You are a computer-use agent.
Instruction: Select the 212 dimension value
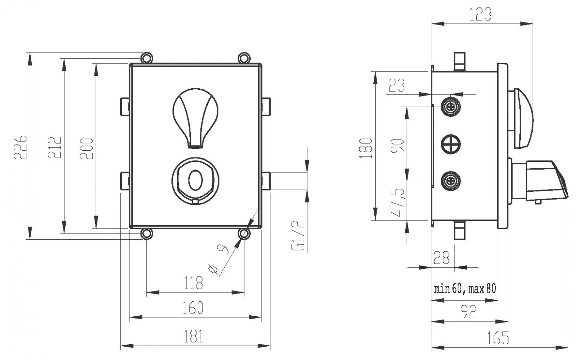pyautogui.click(x=54, y=147)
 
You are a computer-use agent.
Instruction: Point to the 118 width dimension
pyautogui.click(x=193, y=283)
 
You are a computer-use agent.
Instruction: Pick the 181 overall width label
pyautogui.click(x=194, y=337)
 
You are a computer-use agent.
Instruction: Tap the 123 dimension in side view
pyautogui.click(x=481, y=14)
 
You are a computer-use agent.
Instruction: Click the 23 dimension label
pyautogui.click(x=397, y=86)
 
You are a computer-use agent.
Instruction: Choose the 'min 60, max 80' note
pyautogui.click(x=465, y=289)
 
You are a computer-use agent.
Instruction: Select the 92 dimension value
pyautogui.click(x=469, y=312)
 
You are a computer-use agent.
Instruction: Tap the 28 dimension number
pyautogui.click(x=441, y=258)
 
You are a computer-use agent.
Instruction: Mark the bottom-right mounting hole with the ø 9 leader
pyautogui.click(x=244, y=234)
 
